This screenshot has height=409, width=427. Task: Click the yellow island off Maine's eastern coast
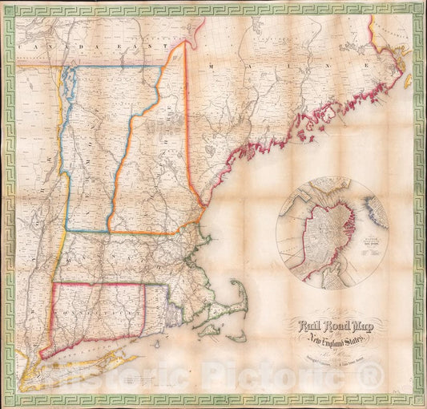407,81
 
